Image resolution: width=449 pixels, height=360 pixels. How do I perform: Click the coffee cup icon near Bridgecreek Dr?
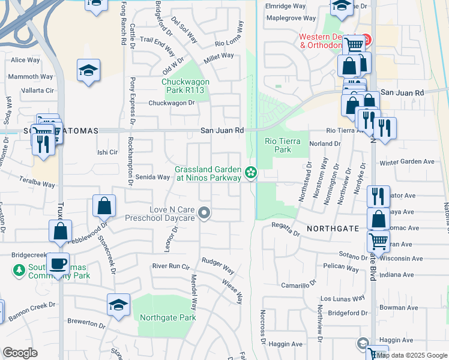tap(58, 263)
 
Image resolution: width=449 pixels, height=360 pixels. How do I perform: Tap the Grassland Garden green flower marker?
tap(251, 173)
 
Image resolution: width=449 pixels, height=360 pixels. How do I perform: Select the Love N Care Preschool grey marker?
tap(205, 213)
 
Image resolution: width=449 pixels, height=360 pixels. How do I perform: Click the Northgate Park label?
tap(168, 317)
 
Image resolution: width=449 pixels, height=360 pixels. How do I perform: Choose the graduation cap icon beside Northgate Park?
tap(119, 305)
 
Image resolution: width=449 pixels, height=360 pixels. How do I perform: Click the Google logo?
tap(20, 353)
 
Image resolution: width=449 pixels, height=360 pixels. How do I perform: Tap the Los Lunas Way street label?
tap(342, 298)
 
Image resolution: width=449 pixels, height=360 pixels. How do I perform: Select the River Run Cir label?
tap(170, 266)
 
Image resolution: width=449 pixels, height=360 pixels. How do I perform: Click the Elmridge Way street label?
tap(285, 6)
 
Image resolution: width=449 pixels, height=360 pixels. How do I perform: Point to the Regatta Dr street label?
tap(285, 229)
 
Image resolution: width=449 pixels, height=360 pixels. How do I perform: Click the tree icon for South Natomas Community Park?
tap(19, 271)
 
